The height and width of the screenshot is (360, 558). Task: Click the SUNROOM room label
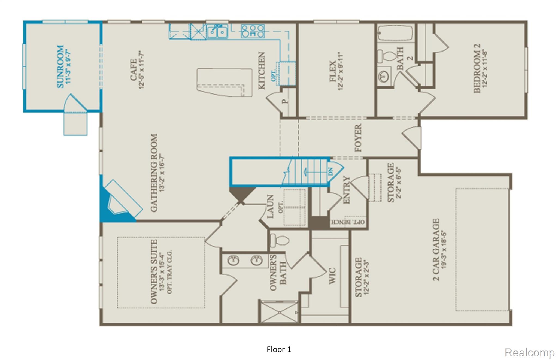coord(60,66)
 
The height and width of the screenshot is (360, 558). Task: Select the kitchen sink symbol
coord(217,32)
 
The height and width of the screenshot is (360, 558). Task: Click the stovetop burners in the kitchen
coord(253,31)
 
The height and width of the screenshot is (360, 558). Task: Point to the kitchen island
coord(224,82)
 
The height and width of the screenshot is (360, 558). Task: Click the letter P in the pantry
coord(285,101)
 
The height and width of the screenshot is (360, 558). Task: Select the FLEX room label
coord(333,71)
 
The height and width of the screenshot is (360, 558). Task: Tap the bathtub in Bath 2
coord(395,33)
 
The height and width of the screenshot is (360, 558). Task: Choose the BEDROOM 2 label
coord(477,69)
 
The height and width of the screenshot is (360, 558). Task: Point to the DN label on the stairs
coord(330,172)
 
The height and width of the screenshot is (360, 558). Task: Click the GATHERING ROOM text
coord(154,173)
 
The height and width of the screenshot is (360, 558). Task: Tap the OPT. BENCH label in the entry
coord(348,222)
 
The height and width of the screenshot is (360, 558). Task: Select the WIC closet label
coord(332,276)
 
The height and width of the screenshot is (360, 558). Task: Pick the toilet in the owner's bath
coord(279,241)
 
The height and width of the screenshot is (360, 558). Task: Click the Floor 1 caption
coord(279,349)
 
